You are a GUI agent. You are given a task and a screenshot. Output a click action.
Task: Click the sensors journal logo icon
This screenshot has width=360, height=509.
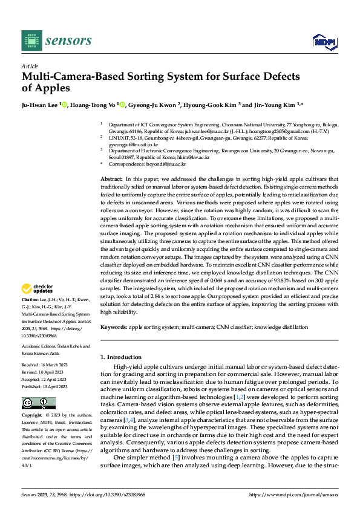[31, 41]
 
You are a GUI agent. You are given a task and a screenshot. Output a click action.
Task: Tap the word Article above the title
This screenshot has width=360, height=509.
[29, 66]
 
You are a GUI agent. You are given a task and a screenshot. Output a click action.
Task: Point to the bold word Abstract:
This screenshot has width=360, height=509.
[111, 180]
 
